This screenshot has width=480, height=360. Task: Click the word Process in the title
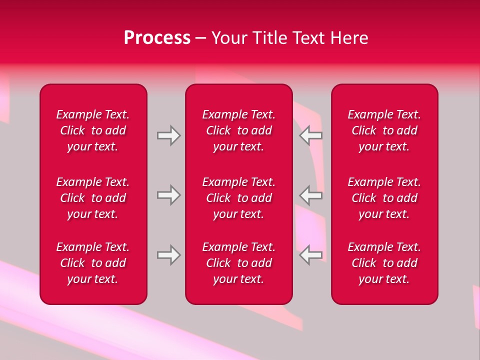tap(157, 38)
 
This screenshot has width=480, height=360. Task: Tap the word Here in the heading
tap(349, 38)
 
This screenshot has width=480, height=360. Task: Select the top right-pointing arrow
tap(168, 136)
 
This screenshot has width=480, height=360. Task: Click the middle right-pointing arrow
tap(168, 195)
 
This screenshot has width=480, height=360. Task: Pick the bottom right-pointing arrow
tap(168, 255)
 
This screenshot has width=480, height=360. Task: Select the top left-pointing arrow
tap(311, 136)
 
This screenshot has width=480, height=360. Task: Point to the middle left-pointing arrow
tap(311, 195)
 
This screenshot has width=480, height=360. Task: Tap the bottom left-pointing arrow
tap(311, 255)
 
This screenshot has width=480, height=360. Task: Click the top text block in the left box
tap(93, 130)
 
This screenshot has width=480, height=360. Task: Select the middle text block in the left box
tap(93, 198)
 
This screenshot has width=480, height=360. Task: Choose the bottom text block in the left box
tap(93, 263)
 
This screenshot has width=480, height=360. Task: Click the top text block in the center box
tap(239, 130)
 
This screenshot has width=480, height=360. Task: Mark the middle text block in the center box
tap(239, 198)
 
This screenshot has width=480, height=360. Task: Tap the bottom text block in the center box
tap(239, 263)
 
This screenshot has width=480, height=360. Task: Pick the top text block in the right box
tap(384, 130)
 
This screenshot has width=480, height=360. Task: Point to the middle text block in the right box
tap(384, 198)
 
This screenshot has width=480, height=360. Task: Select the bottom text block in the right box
tap(384, 263)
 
